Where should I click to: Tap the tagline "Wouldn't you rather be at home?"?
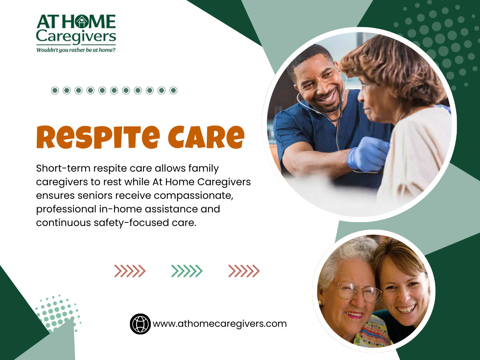pyautogui.click(x=76, y=50)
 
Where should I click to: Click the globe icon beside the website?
pyautogui.click(x=140, y=324)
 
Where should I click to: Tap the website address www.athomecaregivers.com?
pyautogui.click(x=220, y=324)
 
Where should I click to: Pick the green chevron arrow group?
pyautogui.click(x=187, y=271)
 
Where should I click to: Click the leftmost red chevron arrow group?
pyautogui.click(x=130, y=271)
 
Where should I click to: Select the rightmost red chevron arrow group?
pyautogui.click(x=244, y=271)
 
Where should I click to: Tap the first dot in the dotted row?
pyautogui.click(x=55, y=90)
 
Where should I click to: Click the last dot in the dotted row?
pyautogui.click(x=173, y=90)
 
